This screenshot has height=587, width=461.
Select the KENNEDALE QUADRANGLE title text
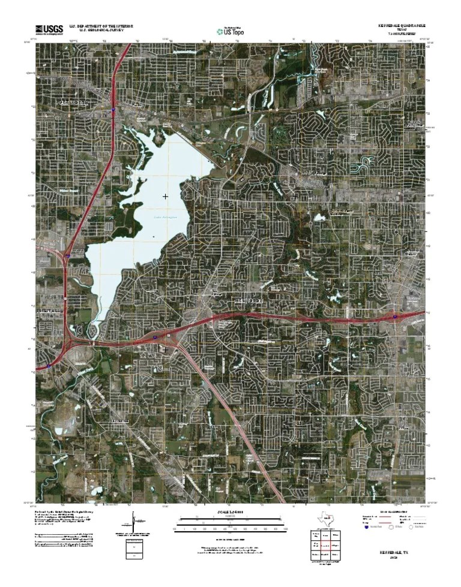click(x=401, y=26)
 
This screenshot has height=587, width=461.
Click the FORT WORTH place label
click(x=72, y=103)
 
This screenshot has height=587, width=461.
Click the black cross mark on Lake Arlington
click(x=165, y=196)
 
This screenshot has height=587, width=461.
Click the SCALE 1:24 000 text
click(x=230, y=511)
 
